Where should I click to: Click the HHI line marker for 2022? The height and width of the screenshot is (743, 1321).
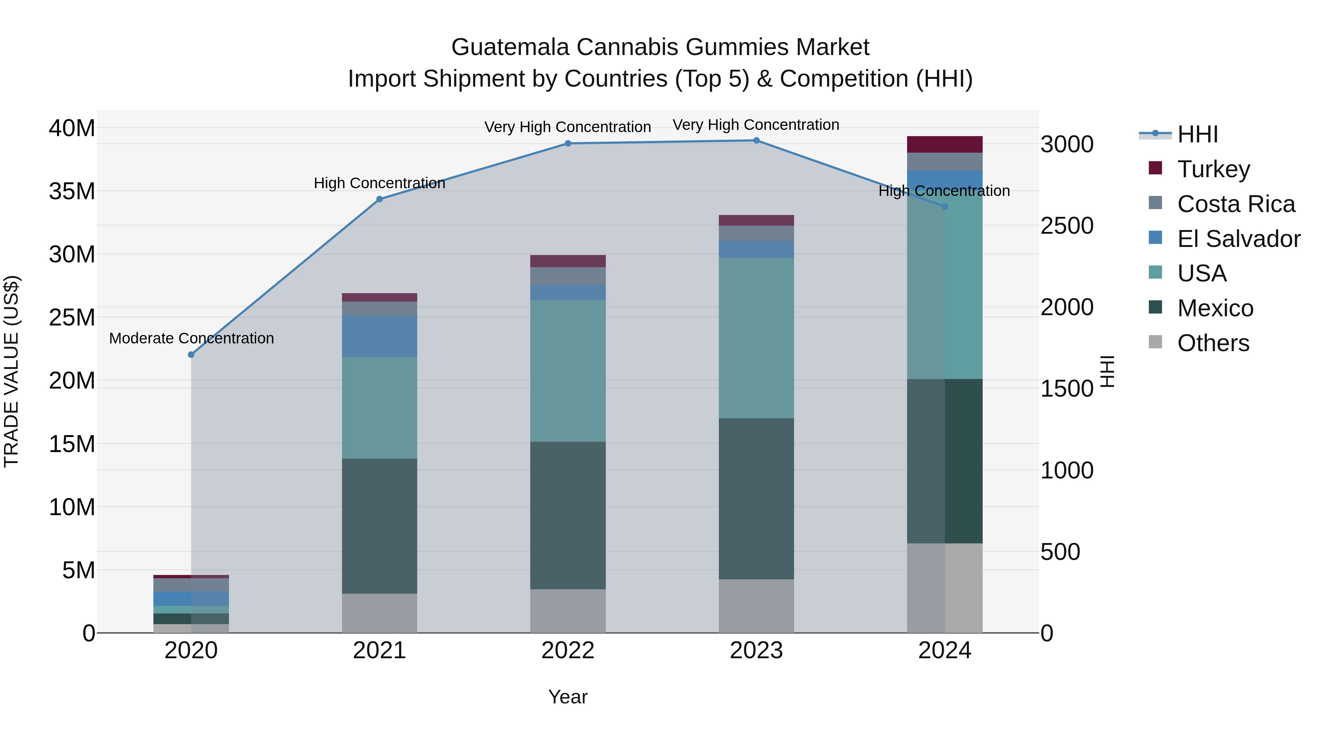[568, 143]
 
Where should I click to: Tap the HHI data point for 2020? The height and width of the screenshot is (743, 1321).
[191, 355]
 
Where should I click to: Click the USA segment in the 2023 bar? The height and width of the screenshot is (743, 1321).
[756, 338]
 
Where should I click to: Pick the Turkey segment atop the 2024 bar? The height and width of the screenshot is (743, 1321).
[945, 144]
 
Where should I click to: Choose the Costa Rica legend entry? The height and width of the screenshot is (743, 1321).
[1236, 204]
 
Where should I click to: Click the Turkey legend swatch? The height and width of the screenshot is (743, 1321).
[1156, 168]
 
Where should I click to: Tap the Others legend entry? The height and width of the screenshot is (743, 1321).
[1213, 343]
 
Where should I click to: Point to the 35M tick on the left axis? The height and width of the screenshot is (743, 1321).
[72, 191]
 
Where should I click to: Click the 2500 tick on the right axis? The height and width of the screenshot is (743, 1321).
[1067, 226]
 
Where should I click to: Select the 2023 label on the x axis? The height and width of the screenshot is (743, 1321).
[756, 651]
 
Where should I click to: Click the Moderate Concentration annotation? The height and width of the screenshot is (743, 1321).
[191, 338]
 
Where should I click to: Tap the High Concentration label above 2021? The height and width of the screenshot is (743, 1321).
[379, 183]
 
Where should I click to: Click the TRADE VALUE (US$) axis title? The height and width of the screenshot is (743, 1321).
[11, 371]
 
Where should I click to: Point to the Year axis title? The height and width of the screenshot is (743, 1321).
[568, 697]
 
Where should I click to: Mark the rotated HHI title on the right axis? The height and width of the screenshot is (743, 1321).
[1108, 371]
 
